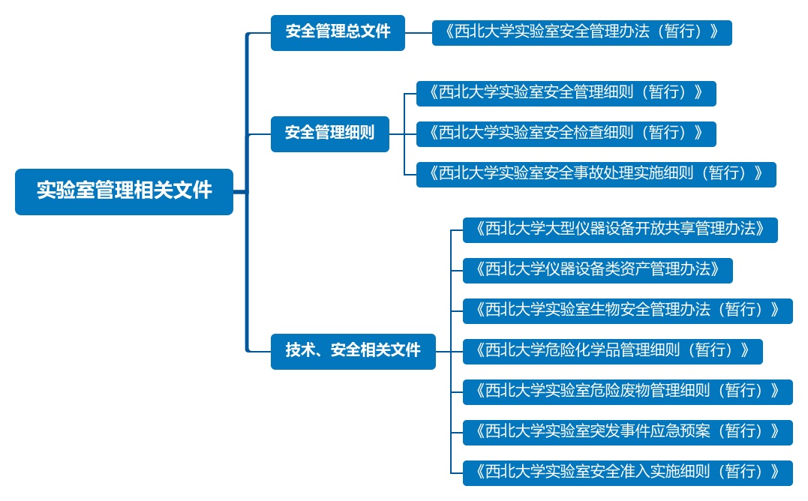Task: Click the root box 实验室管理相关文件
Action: coord(124,191)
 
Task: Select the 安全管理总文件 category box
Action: coord(338,32)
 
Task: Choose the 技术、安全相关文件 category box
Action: coord(353,351)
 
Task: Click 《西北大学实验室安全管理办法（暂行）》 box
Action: coord(581,32)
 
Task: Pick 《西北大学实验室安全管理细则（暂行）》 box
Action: coord(566,93)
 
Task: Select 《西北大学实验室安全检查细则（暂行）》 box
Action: coord(566,133)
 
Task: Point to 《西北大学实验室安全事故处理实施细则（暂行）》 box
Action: coord(596,174)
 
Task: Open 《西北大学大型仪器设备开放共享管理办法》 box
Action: coord(620,229)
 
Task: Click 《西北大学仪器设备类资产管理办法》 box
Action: coord(597,270)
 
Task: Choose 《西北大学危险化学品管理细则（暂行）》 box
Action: coord(612,351)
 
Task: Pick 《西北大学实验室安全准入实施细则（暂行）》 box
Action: coord(627,472)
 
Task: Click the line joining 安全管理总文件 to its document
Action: coord(419,32)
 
